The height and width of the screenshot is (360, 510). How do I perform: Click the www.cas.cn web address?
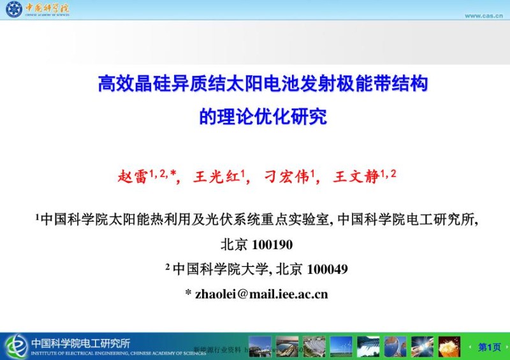[484, 15]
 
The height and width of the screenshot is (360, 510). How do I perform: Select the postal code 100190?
[272, 244]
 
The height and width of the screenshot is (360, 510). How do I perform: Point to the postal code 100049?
[327, 269]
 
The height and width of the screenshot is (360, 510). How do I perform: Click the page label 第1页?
[489, 347]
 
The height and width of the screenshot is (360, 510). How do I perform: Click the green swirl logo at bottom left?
[16, 346]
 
